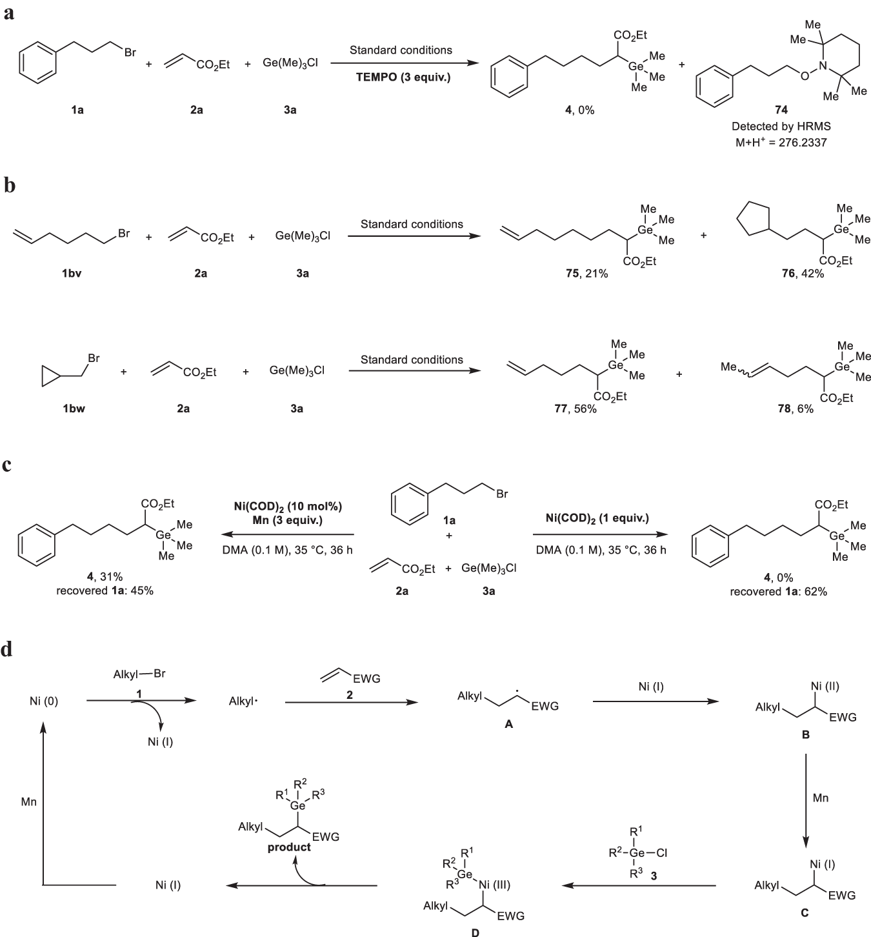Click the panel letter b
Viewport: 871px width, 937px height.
point(9,186)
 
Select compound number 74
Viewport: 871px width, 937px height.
point(781,110)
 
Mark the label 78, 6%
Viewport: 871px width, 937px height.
point(796,409)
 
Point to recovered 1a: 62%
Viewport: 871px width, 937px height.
point(778,591)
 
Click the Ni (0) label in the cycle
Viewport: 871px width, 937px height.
point(44,701)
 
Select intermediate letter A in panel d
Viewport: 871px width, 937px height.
point(508,725)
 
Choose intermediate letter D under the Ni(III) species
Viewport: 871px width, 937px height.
point(476,932)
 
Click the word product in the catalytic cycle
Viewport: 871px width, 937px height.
point(289,847)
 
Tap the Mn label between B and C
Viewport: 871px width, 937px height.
point(820,798)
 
